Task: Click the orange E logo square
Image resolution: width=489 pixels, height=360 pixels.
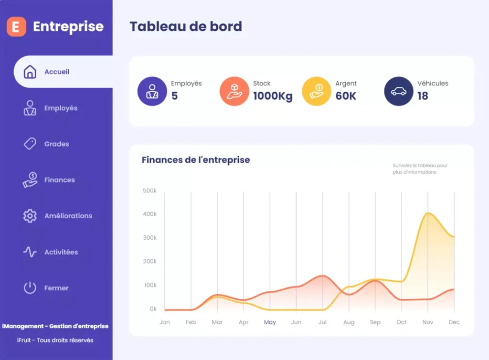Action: pos(16,27)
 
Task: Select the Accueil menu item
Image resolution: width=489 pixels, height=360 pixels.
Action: pos(57,72)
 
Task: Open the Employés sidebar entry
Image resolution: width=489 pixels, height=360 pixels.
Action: pos(61,108)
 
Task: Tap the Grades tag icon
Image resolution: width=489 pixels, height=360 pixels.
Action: pos(30,144)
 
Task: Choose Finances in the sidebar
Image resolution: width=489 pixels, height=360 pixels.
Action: pos(59,180)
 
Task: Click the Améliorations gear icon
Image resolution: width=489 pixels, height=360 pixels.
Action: pos(30,216)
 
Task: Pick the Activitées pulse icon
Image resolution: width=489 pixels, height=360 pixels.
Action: pos(30,252)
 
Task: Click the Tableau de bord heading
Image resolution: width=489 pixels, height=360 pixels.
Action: pos(186,27)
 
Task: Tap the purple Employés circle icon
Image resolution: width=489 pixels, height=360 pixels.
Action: pos(152,91)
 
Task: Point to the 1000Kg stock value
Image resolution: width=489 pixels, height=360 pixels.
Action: pos(273,96)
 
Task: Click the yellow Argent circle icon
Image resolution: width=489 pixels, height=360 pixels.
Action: pos(316,91)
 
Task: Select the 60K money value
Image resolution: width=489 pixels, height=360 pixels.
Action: pos(346,96)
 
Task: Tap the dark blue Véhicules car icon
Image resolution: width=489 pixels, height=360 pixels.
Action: pos(398,91)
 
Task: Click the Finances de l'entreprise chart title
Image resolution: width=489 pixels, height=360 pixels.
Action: pos(196,160)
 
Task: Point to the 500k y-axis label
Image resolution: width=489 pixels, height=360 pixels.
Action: pos(149,191)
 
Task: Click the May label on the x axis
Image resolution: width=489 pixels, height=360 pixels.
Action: pos(270,322)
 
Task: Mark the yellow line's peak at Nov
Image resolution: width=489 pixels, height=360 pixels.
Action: pos(428,213)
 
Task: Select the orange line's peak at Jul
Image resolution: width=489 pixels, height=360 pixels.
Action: pos(323,275)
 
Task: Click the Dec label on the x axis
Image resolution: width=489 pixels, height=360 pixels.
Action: pos(454,322)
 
